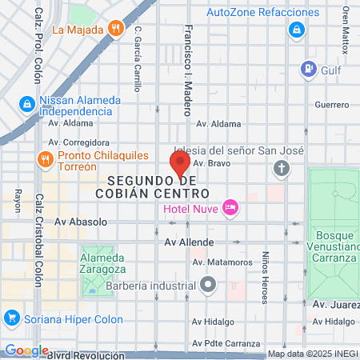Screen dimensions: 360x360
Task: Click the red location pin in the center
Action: coord(180,162)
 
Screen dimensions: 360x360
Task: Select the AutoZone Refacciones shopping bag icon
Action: coord(296,30)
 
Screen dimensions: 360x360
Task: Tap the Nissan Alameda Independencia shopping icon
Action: coord(26,104)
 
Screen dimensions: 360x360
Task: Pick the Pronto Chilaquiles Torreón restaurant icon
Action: coord(45,158)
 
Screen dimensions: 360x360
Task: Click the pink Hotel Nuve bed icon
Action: coord(230,208)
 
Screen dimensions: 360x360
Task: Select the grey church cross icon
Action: coord(281,168)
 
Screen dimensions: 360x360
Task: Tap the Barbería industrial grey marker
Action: coord(209,283)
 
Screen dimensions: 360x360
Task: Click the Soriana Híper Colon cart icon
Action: coord(11,318)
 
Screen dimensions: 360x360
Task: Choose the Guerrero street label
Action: coord(332,105)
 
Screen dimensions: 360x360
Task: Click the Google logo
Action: coord(26,350)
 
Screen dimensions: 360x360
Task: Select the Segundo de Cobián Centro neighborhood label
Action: coord(158,187)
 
